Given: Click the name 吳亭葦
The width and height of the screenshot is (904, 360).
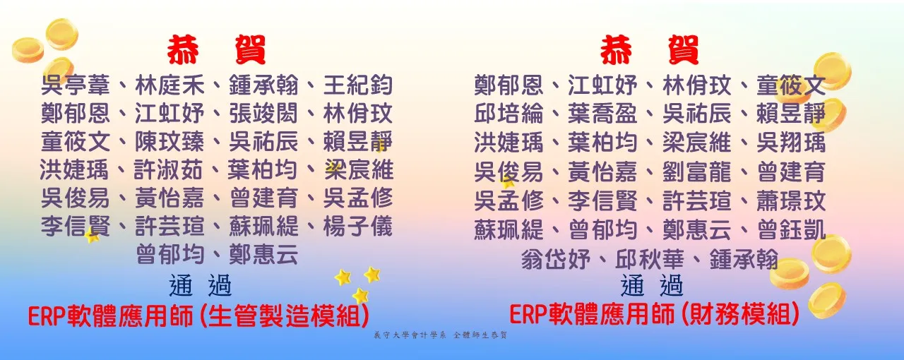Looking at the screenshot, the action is (x=76, y=85).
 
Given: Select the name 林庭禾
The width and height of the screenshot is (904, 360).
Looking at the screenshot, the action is (x=169, y=85).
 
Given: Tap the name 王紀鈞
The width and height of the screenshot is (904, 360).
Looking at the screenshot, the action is (x=358, y=85).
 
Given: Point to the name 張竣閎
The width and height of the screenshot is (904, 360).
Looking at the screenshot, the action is (x=263, y=114).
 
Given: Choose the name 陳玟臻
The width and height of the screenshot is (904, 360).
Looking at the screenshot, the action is (x=169, y=142).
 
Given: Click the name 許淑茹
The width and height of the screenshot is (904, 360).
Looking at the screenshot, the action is (x=168, y=170).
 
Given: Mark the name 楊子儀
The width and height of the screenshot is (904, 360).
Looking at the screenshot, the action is (x=358, y=227).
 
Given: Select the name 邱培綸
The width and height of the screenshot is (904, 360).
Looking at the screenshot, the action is (x=509, y=114).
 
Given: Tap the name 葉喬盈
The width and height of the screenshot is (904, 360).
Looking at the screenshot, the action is (x=602, y=114).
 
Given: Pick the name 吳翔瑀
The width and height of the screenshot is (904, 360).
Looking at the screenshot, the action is (x=791, y=143).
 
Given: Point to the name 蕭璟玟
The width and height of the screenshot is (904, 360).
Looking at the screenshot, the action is (x=791, y=201).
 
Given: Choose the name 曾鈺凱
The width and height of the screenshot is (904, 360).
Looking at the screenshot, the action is (x=791, y=230).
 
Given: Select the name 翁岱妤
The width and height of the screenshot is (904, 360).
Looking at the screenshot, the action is (x=556, y=259).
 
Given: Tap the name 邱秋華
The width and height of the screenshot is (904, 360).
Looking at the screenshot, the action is (x=650, y=259).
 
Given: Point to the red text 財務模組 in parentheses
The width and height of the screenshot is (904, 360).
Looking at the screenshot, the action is (x=740, y=314).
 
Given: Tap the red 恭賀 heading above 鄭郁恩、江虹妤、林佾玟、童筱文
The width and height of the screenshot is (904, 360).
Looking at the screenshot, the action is (x=649, y=50).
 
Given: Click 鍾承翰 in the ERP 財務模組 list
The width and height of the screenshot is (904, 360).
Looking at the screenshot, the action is (x=744, y=259).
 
